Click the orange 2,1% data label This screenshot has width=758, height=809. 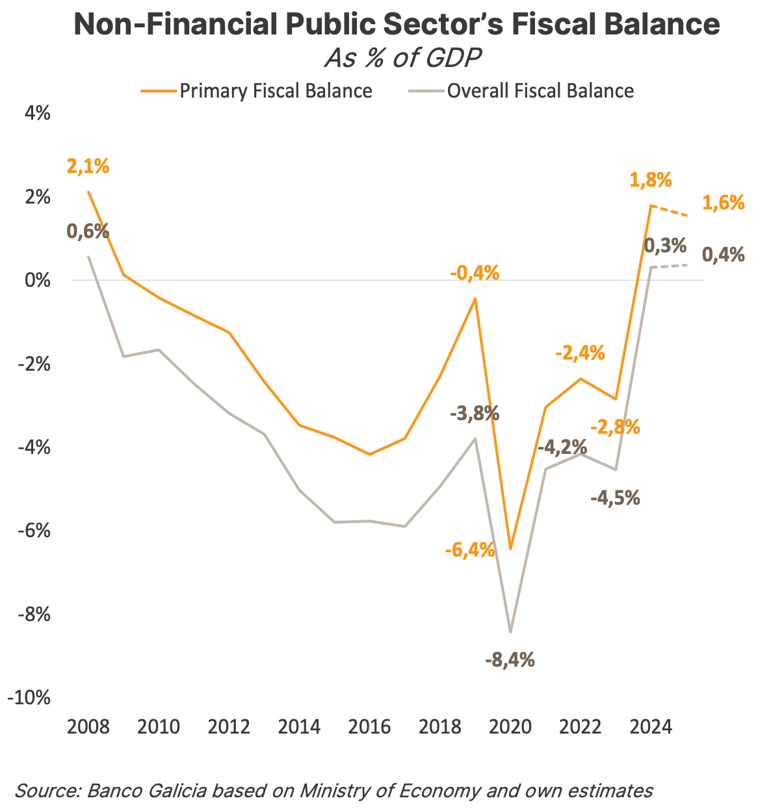88,166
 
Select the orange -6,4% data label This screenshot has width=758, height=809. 470,550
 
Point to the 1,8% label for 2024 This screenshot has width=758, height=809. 650,180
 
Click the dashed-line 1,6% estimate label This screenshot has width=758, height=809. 724,203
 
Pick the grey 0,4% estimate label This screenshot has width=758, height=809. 724,254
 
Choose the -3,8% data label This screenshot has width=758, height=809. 474,412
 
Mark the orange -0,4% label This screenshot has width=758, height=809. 475,272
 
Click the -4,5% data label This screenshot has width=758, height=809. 615,498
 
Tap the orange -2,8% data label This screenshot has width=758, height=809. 615,427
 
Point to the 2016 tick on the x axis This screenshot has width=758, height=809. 369,726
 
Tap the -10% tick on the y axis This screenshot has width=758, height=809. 29,698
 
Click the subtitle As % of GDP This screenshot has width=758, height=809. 402,59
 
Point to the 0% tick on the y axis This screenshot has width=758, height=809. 38,280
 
